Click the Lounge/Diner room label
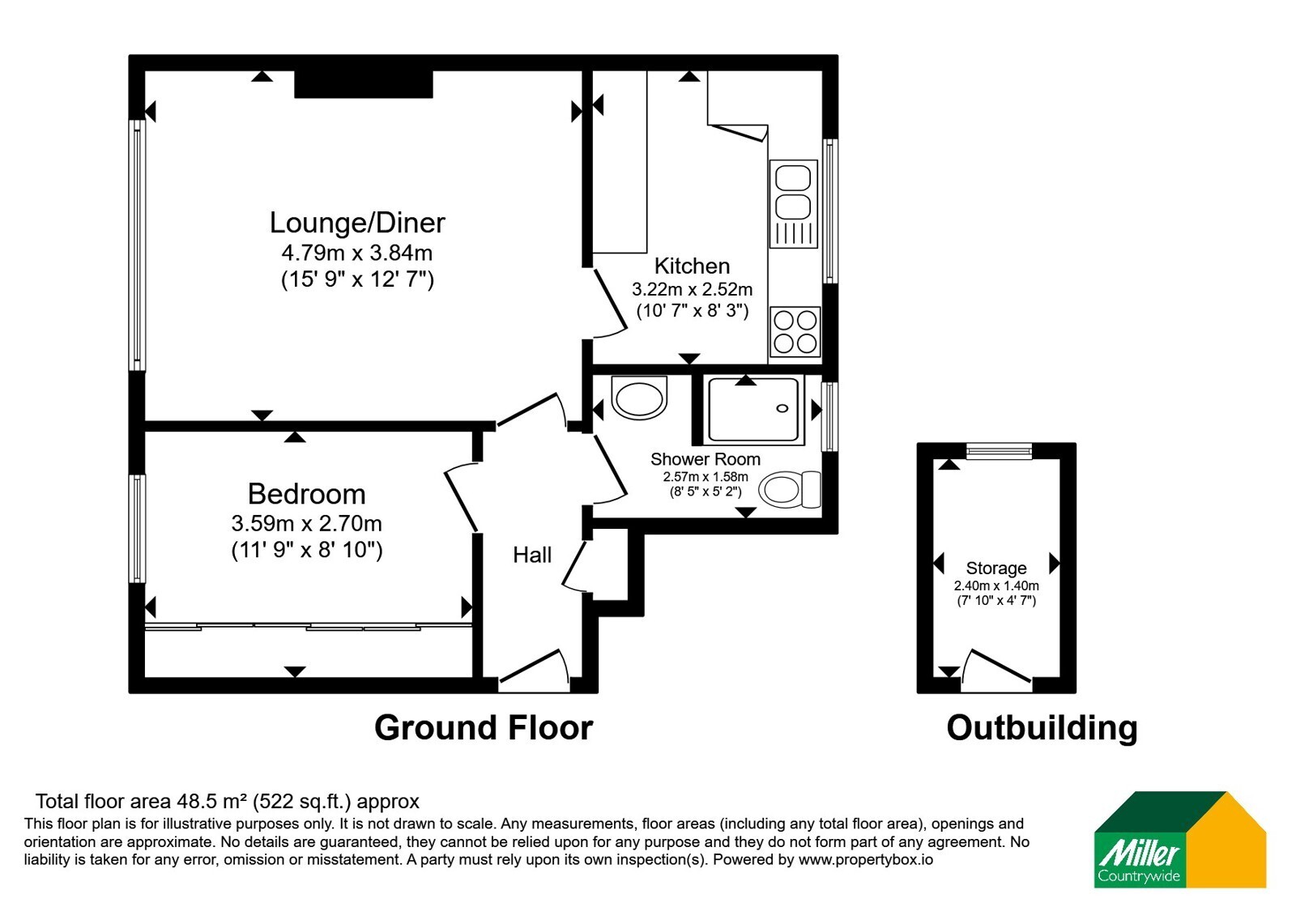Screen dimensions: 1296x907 [357, 224]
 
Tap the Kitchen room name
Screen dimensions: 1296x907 [692, 266]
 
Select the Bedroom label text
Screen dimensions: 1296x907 [307, 495]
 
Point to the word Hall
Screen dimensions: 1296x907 [532, 556]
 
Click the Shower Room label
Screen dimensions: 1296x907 [706, 459]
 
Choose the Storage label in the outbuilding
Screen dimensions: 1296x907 [996, 568]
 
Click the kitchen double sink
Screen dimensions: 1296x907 [793, 203]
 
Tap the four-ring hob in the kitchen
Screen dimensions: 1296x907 [795, 331]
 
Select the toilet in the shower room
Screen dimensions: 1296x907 [789, 489]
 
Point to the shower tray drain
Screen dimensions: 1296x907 [782, 408]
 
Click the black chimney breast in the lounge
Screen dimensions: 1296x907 [364, 84]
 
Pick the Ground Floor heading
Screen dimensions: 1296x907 [484, 728]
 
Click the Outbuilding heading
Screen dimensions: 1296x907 [1042, 728]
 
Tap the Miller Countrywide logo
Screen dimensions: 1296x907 [1179, 839]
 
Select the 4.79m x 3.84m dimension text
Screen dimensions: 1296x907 [357, 253]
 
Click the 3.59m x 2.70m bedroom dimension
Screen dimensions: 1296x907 [307, 523]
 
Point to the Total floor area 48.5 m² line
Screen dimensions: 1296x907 [228, 801]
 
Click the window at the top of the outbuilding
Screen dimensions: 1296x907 [1000, 451]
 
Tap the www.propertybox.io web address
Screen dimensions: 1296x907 [866, 859]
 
